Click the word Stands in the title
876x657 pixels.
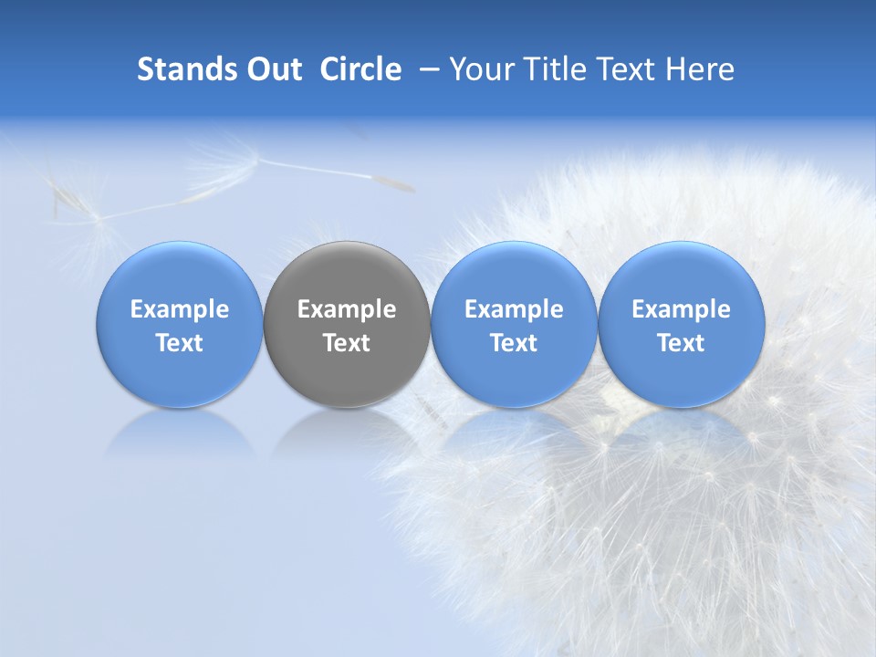184,69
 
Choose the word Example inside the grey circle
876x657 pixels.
347,309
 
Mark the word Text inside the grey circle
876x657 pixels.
347,343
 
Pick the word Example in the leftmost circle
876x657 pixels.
180,309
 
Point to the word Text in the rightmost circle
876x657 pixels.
682,343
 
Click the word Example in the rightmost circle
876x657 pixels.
682,309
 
